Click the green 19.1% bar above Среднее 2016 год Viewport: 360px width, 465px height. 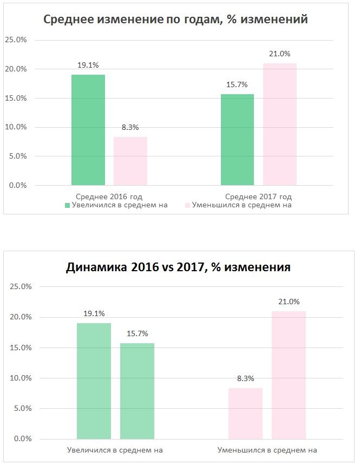(88, 130)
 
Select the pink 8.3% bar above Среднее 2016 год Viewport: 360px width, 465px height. (130, 161)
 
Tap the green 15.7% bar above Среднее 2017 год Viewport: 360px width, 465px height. (237, 140)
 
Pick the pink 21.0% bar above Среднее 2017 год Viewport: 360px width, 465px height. (279, 125)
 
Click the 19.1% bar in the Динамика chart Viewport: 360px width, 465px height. (94, 381)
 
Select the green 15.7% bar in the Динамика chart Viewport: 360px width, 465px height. (137, 391)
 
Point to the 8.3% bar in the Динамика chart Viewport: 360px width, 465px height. (245, 414)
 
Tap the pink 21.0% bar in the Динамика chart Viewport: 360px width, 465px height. (289, 375)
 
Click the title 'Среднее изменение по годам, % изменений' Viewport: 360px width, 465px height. (175, 19)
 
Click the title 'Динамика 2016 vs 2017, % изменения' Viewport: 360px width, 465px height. (178, 267)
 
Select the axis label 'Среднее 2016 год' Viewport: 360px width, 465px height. (109, 197)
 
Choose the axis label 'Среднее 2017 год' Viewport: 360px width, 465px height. (258, 197)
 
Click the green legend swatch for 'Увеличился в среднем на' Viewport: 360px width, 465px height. (67, 205)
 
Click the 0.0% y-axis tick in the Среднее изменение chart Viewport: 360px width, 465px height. (16, 185)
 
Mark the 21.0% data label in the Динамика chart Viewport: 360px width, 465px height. (289, 302)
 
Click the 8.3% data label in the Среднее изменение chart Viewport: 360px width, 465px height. (130, 128)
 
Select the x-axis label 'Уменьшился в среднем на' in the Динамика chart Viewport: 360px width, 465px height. (267, 450)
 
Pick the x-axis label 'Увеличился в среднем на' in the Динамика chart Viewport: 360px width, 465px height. (115, 450)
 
